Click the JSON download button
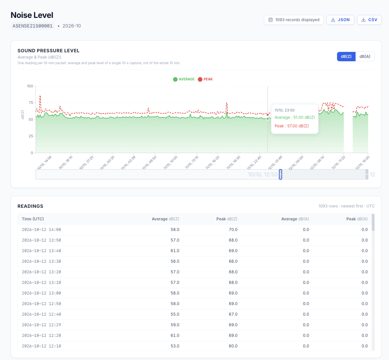340,20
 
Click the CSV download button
369,20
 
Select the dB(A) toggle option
365,57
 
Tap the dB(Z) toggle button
346,57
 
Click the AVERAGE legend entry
184,79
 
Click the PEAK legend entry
205,79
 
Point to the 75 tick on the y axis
31,103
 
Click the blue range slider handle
281,174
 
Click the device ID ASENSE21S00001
32,26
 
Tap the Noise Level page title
32,15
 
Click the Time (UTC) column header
33,219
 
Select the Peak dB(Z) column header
227,219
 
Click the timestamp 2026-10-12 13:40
41,251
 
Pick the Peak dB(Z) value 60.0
233,346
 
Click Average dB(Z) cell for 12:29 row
175,325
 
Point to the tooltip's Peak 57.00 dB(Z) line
292,126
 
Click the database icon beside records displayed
271,20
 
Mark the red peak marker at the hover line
268,115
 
